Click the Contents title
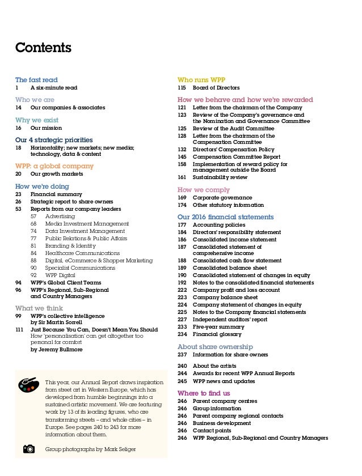tap(43, 48)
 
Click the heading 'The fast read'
tap(36, 80)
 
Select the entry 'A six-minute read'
tap(54, 88)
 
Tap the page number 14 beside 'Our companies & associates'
tap(19, 108)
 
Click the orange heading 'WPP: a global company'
tap(54, 166)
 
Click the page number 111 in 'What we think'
tap(20, 329)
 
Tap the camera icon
tap(28, 449)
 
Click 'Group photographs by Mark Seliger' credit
tap(90, 449)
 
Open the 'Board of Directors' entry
tap(216, 88)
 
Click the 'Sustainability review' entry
tap(220, 177)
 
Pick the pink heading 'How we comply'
tap(204, 190)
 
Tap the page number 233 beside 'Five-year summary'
tap(182, 326)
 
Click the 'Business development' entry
tap(222, 423)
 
